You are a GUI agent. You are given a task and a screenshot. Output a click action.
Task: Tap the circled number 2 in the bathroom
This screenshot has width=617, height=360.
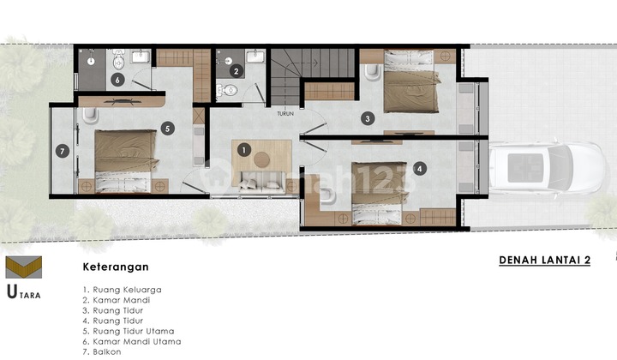(236, 71)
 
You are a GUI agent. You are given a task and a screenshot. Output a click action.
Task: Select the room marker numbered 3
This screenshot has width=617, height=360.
(367, 118)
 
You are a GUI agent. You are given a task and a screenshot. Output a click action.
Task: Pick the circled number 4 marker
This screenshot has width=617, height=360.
(418, 169)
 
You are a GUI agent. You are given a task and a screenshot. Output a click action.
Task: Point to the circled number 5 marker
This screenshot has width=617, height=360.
(166, 129)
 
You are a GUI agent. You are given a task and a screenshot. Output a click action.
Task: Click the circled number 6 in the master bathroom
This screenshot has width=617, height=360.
(117, 81)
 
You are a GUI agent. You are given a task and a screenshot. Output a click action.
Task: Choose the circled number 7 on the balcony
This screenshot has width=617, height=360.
(61, 152)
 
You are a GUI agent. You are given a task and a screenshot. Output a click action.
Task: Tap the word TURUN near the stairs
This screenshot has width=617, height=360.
(285, 112)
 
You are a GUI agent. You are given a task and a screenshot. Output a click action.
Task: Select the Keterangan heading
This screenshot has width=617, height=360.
(116, 267)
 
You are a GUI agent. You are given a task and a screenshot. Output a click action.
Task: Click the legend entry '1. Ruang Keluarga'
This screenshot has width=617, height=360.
(123, 290)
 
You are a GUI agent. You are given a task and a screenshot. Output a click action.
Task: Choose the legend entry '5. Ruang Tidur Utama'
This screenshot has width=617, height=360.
(129, 331)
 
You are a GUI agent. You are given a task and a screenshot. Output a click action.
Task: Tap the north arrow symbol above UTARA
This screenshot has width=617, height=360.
(23, 267)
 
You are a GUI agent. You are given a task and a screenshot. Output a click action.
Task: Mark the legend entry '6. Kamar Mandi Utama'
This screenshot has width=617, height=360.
(131, 341)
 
